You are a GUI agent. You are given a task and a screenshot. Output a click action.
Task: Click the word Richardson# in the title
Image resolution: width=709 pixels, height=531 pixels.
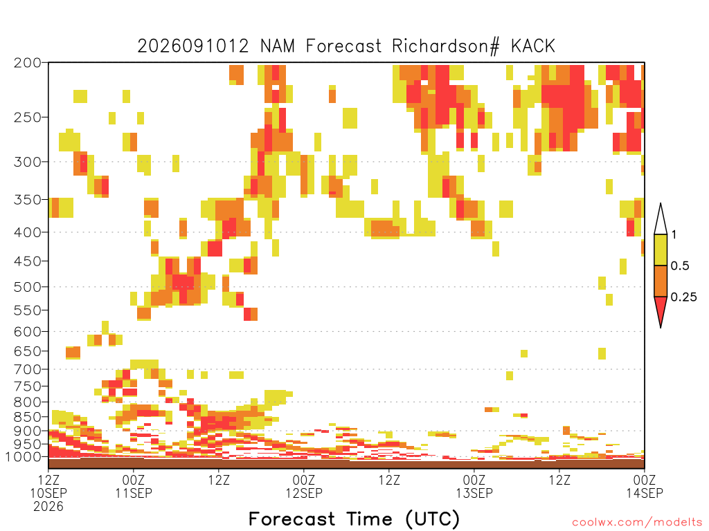click(x=446, y=46)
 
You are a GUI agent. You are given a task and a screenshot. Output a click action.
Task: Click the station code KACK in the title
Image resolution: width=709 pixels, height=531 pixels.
click(x=532, y=46)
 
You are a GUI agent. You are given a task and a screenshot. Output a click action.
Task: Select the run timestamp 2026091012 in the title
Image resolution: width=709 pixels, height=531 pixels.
click(x=193, y=46)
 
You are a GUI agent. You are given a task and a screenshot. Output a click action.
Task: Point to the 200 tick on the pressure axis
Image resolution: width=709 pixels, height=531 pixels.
click(x=28, y=63)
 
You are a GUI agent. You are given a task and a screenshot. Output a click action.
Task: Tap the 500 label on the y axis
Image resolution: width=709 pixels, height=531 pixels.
click(x=28, y=287)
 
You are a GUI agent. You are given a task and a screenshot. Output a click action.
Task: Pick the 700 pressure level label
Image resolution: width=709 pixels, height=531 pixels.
click(x=28, y=369)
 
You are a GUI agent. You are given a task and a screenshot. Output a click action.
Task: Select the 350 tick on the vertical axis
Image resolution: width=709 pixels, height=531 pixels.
click(x=28, y=200)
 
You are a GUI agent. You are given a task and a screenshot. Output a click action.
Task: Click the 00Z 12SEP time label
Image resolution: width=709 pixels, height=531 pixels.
click(x=304, y=486)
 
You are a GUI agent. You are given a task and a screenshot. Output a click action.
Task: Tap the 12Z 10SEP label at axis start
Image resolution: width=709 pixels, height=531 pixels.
click(x=48, y=486)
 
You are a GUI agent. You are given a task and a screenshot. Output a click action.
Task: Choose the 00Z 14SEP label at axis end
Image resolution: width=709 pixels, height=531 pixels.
click(x=645, y=486)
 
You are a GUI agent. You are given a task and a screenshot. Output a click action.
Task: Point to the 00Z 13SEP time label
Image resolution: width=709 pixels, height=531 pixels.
click(x=474, y=486)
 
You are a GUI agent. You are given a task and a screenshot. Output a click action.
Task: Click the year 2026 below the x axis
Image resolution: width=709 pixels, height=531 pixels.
click(x=48, y=507)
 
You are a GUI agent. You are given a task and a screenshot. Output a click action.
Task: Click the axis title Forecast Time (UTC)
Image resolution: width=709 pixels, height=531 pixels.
click(x=354, y=519)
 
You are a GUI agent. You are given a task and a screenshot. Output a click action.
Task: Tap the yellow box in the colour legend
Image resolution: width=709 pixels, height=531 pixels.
click(x=661, y=250)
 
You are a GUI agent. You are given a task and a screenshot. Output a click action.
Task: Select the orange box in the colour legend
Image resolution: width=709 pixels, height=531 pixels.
click(x=661, y=281)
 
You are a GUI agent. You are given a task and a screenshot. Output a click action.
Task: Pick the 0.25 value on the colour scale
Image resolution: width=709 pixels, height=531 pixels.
click(x=683, y=297)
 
